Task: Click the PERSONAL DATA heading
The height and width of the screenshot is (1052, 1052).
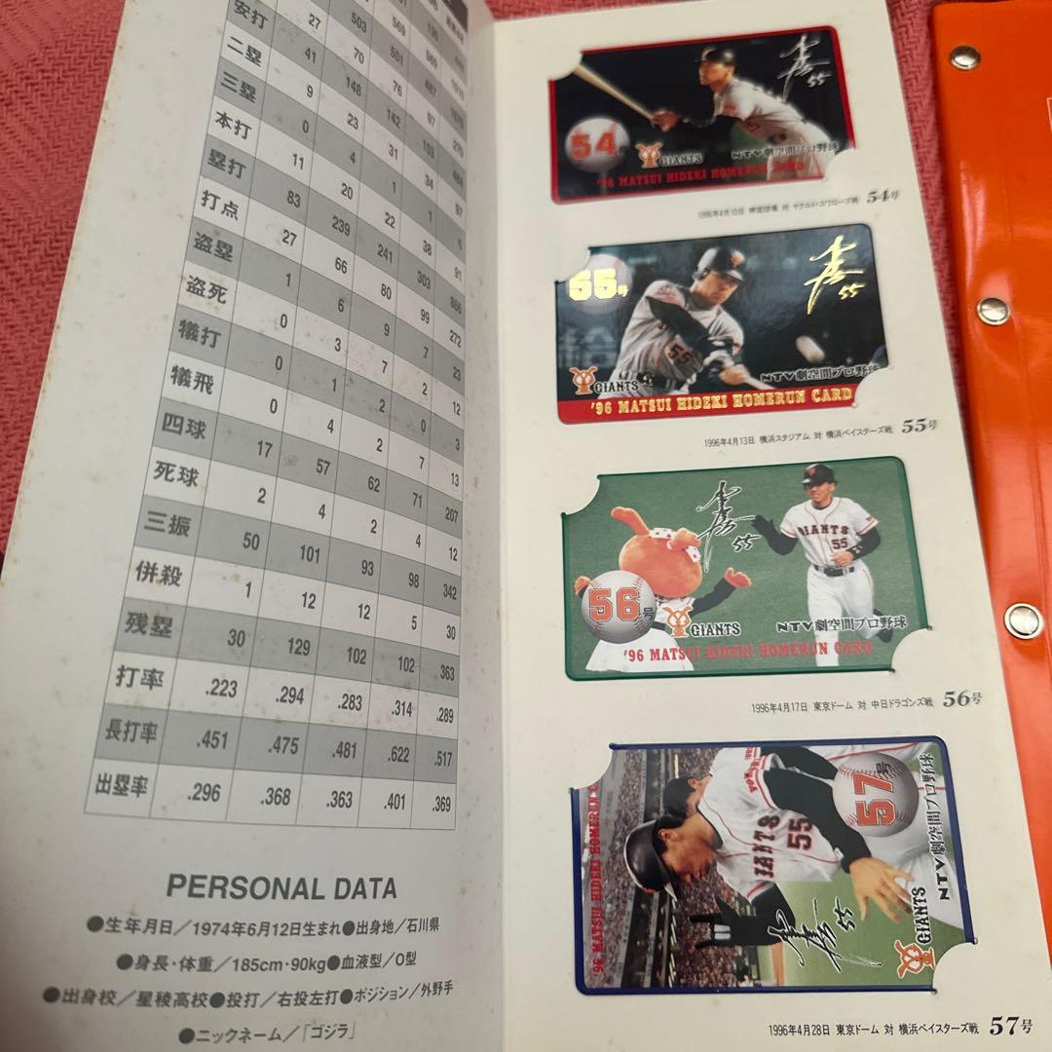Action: (x=282, y=888)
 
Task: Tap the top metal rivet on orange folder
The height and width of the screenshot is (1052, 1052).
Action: (x=963, y=56)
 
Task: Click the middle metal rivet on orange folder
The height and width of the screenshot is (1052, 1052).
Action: (x=992, y=311)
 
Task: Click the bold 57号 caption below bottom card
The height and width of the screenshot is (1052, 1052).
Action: (x=1010, y=1025)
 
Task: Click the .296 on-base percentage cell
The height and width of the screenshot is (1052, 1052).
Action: (x=204, y=793)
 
